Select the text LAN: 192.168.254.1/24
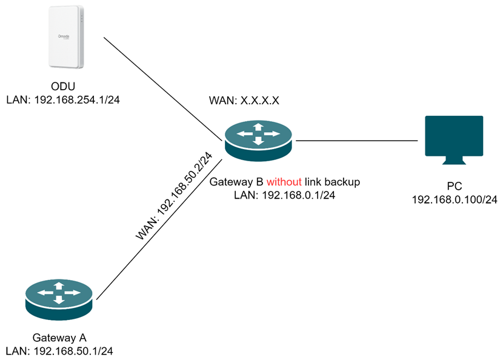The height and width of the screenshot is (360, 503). pyautogui.click(x=62, y=99)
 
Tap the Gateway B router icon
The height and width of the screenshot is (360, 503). pyautogui.click(x=258, y=141)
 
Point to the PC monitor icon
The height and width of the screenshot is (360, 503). pyautogui.click(x=454, y=137)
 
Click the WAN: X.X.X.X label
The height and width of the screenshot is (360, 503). pyautogui.click(x=244, y=101)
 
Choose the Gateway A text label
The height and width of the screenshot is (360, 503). pyautogui.click(x=59, y=337)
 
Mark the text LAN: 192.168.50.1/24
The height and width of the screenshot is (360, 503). pyautogui.click(x=59, y=350)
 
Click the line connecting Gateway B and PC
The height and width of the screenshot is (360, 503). pyautogui.click(x=358, y=140)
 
